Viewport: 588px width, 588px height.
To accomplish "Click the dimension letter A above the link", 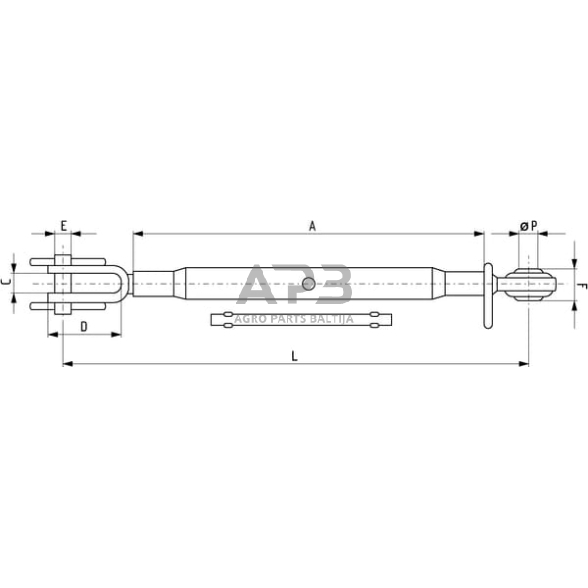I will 312,227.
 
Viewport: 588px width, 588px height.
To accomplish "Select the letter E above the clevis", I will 63,227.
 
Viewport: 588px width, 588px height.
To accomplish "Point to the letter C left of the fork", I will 7,284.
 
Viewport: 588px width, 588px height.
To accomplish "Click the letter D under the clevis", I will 84,326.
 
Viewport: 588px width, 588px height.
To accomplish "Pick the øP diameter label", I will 529,227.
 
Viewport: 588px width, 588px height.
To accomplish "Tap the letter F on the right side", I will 581,285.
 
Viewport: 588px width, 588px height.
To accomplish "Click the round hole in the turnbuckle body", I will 308,285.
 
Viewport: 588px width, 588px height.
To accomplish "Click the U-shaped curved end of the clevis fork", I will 123,285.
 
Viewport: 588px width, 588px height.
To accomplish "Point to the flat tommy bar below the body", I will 301,320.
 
